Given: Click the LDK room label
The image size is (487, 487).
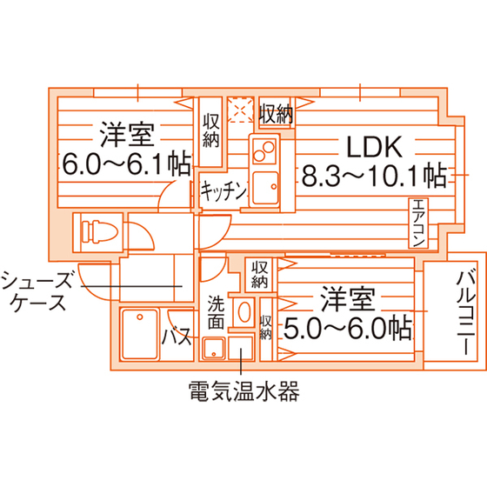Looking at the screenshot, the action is (374, 146).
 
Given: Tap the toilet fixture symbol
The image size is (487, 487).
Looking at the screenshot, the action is (99, 231).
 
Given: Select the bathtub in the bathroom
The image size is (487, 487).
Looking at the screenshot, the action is (139, 334).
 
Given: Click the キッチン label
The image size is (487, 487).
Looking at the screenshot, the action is (223, 190).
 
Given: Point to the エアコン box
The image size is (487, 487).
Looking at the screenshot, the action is (418, 223).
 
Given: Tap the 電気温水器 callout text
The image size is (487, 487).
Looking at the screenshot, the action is (244, 391).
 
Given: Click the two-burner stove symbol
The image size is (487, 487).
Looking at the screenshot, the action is (264, 151).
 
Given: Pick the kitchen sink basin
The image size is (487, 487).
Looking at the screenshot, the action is (265, 188).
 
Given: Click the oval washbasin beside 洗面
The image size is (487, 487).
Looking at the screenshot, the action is (244, 312).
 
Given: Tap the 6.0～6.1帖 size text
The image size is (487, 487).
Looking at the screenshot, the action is (126, 163).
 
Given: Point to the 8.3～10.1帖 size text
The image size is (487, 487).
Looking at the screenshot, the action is (374, 176).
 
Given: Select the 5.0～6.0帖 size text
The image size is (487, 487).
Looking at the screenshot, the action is (348, 329).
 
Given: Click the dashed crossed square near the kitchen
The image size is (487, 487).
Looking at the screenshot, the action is (240, 110).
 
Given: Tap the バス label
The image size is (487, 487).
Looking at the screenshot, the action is (177, 337).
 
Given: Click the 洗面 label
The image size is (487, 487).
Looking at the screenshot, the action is (217, 312).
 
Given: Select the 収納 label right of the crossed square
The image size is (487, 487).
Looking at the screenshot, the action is (277, 114).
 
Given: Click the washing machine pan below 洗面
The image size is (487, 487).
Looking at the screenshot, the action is (214, 349).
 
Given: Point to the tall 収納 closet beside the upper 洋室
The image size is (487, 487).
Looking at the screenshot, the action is (210, 132).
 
